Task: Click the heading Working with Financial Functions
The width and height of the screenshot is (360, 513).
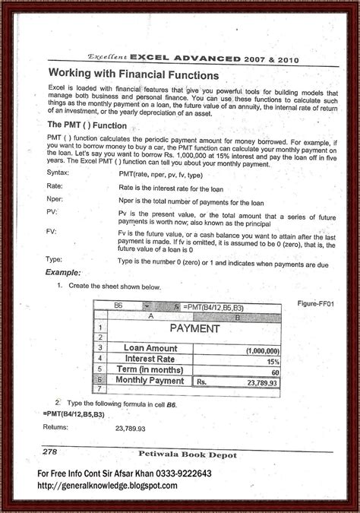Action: [x=134, y=77]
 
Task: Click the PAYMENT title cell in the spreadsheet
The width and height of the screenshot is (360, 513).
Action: [x=194, y=329]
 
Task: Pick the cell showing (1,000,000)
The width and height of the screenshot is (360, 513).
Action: [x=261, y=350]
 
